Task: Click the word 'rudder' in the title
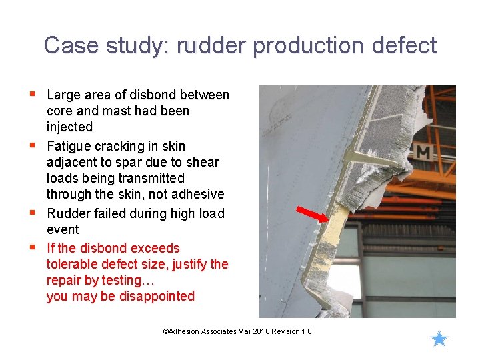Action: (x=211, y=46)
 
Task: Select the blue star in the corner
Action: (x=439, y=339)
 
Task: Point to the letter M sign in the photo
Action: (x=423, y=151)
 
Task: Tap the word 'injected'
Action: (x=69, y=127)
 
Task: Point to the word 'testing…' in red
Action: (x=125, y=280)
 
